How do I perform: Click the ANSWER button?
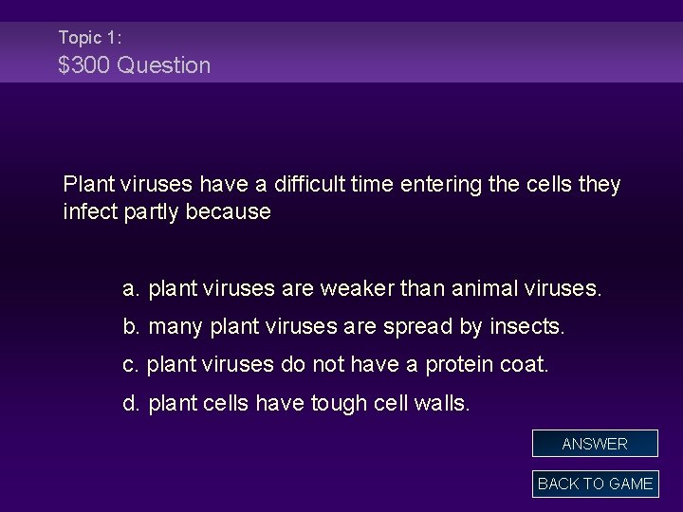(x=595, y=444)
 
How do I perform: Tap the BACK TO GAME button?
(x=595, y=484)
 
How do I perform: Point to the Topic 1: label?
(x=89, y=37)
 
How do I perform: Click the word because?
(x=229, y=211)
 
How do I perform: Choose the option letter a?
(x=131, y=287)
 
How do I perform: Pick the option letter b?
(x=131, y=327)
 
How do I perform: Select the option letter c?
(x=130, y=365)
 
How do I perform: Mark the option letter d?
(x=131, y=404)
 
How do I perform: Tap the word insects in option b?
(x=526, y=327)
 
